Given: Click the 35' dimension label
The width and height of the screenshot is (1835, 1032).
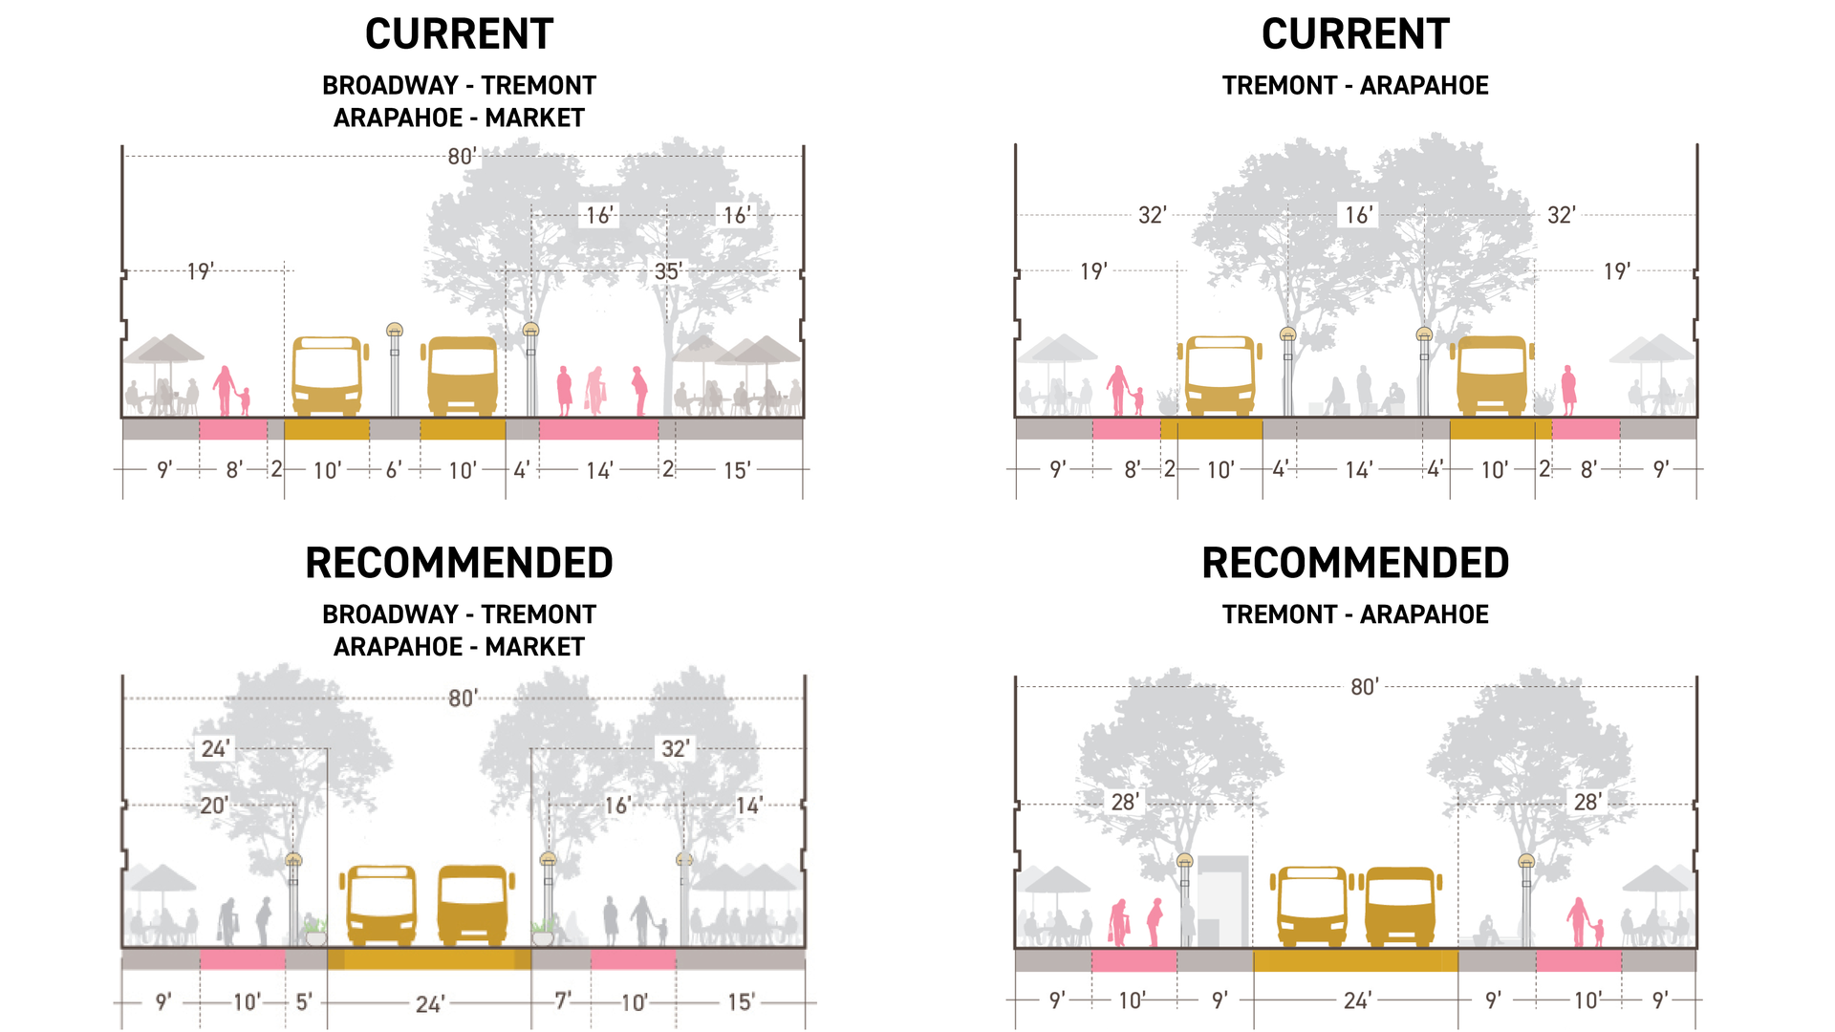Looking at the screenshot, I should point(667,271).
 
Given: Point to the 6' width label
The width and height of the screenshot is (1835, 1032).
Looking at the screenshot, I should point(394,470).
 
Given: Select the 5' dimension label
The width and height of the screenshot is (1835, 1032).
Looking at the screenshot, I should point(304,1001).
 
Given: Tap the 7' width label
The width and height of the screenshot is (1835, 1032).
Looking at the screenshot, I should point(564,1000).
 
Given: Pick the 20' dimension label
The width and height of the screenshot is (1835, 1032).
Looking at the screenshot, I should point(213,806).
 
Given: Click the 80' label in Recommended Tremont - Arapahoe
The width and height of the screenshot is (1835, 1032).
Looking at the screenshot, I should point(1365,687).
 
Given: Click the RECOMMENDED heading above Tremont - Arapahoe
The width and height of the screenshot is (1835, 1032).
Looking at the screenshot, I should point(1355,563).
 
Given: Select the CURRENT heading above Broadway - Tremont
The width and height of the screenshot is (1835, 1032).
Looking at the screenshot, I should point(459,34).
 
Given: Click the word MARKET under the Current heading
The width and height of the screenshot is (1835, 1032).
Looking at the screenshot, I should point(534,118).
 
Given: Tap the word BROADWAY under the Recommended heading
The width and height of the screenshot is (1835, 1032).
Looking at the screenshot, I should point(390,614).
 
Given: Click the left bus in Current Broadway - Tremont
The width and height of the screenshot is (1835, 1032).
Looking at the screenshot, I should point(328,375).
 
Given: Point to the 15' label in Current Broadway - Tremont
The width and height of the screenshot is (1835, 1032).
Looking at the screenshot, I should point(737,470).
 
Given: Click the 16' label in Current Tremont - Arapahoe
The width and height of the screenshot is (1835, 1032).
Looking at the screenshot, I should point(1358,215).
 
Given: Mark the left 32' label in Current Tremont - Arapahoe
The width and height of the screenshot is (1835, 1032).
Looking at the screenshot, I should point(1153,215).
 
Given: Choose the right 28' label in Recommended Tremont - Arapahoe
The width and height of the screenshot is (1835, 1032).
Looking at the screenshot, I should point(1587,803).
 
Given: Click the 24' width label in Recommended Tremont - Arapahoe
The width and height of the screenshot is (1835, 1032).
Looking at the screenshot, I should point(1357,1000).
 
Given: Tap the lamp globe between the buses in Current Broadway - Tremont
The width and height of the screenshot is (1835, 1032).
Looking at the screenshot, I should point(395,331).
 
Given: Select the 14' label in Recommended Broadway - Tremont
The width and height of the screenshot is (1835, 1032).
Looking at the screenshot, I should point(748,806).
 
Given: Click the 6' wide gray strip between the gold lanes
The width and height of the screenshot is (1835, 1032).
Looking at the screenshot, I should point(395,430).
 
